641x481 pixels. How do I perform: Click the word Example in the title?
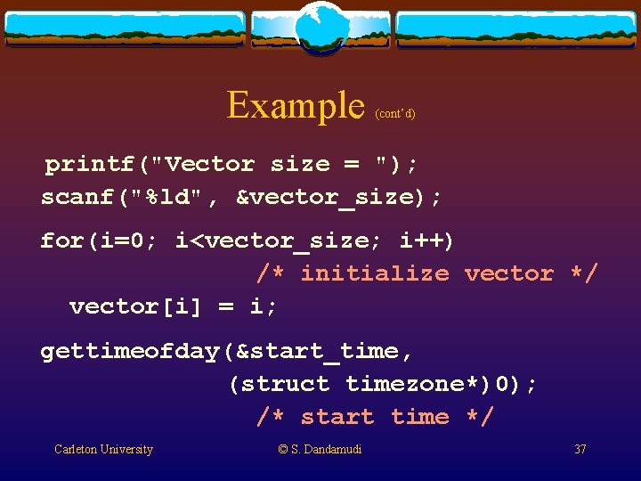coord(296,105)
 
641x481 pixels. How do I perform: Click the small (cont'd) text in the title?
coord(395,113)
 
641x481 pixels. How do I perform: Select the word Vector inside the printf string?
coord(210,164)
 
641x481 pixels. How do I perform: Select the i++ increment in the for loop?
coord(426,240)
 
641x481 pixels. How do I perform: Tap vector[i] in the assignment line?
coord(136,306)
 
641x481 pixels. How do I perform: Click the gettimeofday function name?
coord(130,351)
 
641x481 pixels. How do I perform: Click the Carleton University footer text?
coord(103,450)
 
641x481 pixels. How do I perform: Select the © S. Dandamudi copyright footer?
coord(320,450)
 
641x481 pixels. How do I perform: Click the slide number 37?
coord(580,450)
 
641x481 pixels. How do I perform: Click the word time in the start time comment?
coord(419,417)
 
